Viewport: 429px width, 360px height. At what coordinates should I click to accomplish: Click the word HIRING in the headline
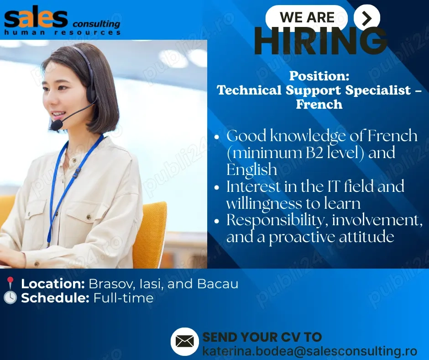click(x=321, y=42)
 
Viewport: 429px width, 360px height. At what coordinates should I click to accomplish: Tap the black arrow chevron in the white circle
click(x=367, y=18)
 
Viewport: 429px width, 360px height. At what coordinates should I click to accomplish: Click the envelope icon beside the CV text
click(x=185, y=341)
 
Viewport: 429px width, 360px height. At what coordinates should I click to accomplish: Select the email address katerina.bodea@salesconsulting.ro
click(x=310, y=351)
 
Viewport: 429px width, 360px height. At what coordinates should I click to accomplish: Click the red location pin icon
click(x=10, y=283)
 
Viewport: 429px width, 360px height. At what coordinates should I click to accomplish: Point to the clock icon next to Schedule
click(x=10, y=297)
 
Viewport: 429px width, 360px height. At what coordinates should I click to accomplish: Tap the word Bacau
click(x=218, y=284)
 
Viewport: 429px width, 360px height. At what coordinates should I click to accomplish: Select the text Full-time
click(x=123, y=298)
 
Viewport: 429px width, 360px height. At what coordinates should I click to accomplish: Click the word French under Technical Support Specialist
click(x=319, y=104)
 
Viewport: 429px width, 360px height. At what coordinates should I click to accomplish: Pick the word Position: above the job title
click(x=319, y=76)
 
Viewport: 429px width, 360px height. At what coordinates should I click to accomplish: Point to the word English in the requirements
click(x=252, y=169)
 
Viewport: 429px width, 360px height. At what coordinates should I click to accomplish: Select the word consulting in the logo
click(x=96, y=24)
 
